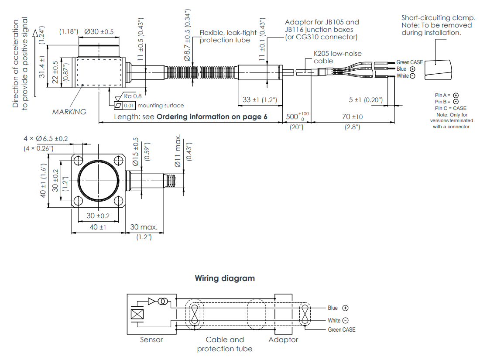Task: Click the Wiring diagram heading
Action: coord(225,278)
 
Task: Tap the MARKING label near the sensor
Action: coord(69,112)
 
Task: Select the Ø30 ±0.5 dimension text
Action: coord(99,32)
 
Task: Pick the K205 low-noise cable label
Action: coord(337,57)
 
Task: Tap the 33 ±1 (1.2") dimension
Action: coord(260,100)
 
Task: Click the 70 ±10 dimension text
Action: coord(352,117)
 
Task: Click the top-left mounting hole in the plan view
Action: coord(79,160)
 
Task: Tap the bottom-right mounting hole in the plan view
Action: coord(119,201)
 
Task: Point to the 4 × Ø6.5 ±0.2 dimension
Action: coord(46,138)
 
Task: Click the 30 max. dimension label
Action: coord(144,227)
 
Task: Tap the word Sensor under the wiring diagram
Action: coord(151,339)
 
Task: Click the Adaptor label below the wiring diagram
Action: coord(283,339)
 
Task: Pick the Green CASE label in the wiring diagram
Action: coord(342,330)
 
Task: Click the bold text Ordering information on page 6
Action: coord(212,117)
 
